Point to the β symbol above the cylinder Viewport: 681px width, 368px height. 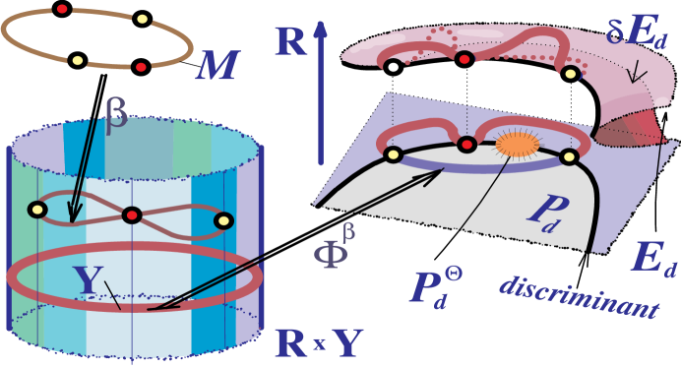click(x=116, y=117)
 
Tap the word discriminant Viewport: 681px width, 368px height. click(x=578, y=296)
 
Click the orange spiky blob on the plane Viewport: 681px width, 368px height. click(x=517, y=146)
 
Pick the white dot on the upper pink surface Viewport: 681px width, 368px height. click(x=393, y=68)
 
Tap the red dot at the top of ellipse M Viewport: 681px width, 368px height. click(x=62, y=9)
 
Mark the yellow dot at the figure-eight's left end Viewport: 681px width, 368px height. click(x=38, y=209)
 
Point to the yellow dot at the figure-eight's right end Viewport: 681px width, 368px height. click(x=223, y=220)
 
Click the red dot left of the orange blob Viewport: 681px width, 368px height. click(x=467, y=145)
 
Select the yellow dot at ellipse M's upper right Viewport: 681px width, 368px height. click(x=142, y=19)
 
